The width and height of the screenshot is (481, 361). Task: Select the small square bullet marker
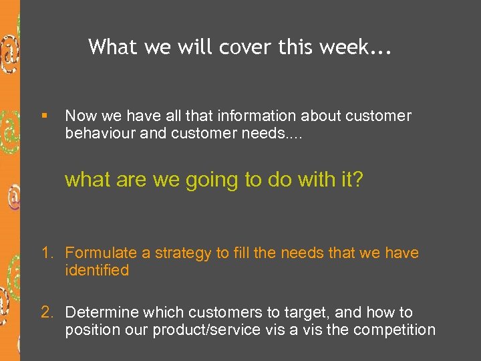[44, 116]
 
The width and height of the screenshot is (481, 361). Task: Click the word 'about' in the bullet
[320, 116]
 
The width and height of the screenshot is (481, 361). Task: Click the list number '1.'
[47, 253]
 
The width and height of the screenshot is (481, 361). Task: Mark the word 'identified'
[97, 270]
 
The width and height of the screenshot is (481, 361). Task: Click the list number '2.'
[47, 313]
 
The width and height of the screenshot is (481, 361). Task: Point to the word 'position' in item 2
[90, 330]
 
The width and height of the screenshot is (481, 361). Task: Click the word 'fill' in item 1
[243, 253]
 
